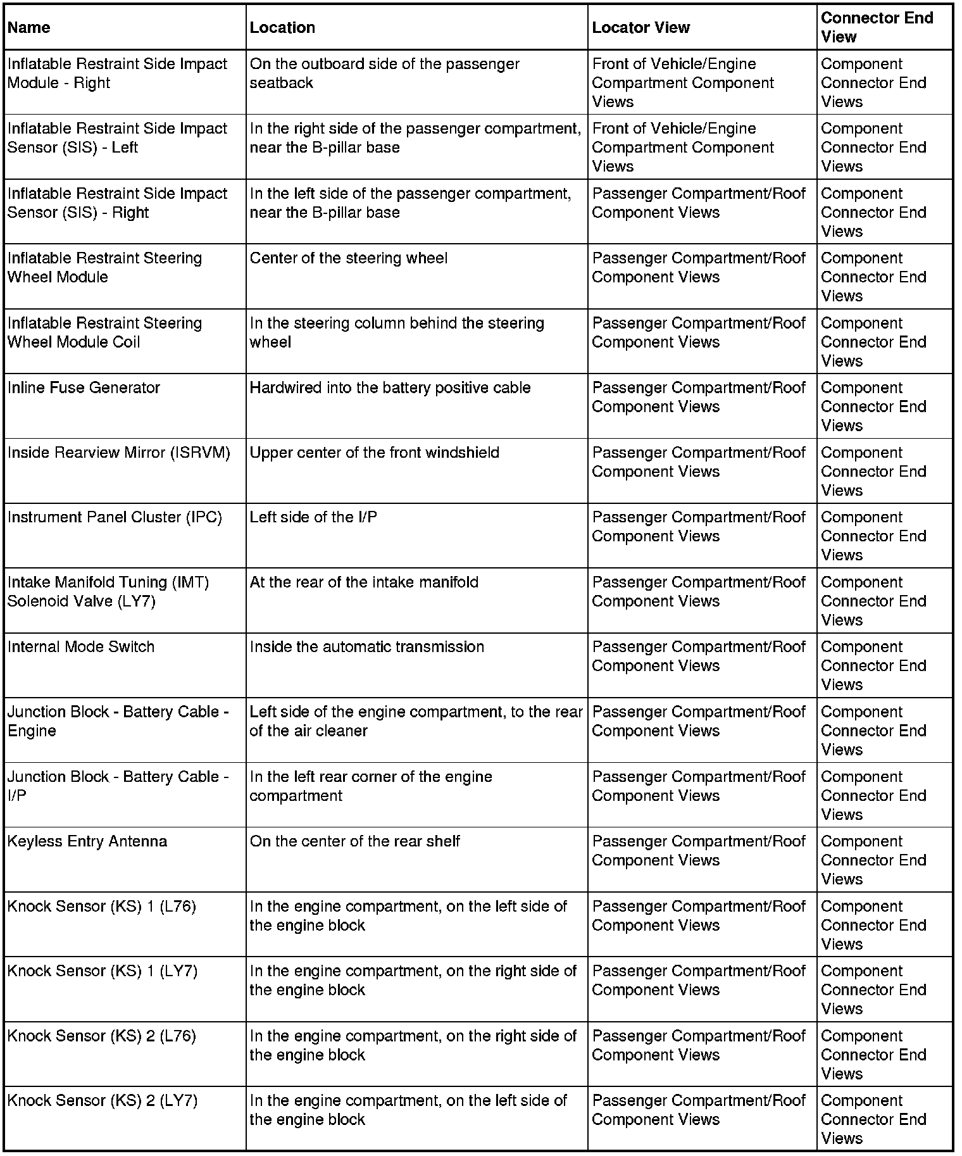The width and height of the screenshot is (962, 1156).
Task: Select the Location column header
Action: [x=282, y=28]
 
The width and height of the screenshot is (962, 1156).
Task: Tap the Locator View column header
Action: [x=640, y=28]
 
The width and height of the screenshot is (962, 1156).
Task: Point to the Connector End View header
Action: [x=877, y=27]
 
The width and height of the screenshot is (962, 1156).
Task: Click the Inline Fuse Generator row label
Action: [x=84, y=388]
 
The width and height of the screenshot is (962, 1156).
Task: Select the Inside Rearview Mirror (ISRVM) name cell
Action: [x=119, y=453]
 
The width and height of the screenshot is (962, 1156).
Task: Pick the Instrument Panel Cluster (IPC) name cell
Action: [x=115, y=517]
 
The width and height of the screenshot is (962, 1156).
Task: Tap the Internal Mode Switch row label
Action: [x=81, y=647]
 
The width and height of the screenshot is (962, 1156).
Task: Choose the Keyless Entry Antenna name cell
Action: [x=87, y=841]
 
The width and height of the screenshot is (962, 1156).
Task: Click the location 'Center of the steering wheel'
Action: [x=349, y=258]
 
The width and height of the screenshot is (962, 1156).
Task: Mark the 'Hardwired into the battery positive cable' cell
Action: [x=390, y=388]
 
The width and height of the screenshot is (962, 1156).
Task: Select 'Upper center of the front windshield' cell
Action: [x=375, y=453]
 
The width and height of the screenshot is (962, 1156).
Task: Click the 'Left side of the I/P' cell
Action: [x=313, y=517]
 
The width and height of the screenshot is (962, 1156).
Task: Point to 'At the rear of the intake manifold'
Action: [x=364, y=582]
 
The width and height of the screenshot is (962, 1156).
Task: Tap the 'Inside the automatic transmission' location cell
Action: [x=367, y=647]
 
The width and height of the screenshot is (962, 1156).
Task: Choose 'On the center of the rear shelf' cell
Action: [x=355, y=841]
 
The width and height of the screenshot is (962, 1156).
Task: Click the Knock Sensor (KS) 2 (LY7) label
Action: [x=103, y=1101]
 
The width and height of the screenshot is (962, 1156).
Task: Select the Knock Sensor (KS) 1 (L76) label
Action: [x=102, y=907]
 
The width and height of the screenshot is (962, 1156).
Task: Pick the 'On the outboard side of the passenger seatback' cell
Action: [x=385, y=73]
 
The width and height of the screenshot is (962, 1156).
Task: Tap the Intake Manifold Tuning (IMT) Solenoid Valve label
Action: [x=108, y=592]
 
